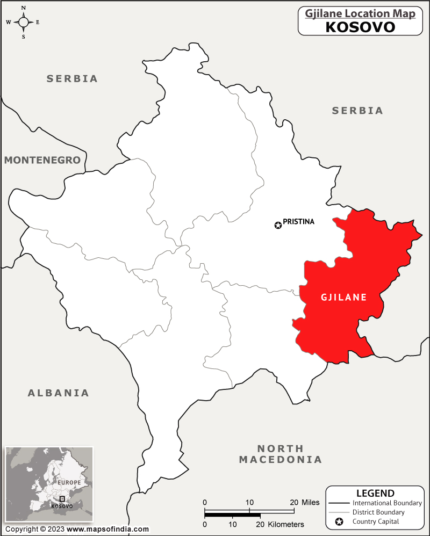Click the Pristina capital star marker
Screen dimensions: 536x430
coord(278,225)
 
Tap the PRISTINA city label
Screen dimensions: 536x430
coord(298,221)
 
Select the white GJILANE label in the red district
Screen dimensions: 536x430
coord(343,297)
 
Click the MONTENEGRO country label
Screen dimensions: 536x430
coord(42,160)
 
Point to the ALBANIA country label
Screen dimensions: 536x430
coord(58,393)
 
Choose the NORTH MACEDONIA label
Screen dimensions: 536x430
coord(280,454)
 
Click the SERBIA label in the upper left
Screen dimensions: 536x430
coord(72,78)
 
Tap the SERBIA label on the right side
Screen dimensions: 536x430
coord(357,110)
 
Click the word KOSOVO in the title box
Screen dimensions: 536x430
coord(360,27)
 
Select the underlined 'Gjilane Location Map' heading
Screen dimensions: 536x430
coord(360,13)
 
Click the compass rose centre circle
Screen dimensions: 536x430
coord(24,22)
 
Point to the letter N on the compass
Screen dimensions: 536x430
coord(24,8)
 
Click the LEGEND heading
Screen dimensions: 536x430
coord(375,493)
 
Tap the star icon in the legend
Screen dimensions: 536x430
coord(339,521)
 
